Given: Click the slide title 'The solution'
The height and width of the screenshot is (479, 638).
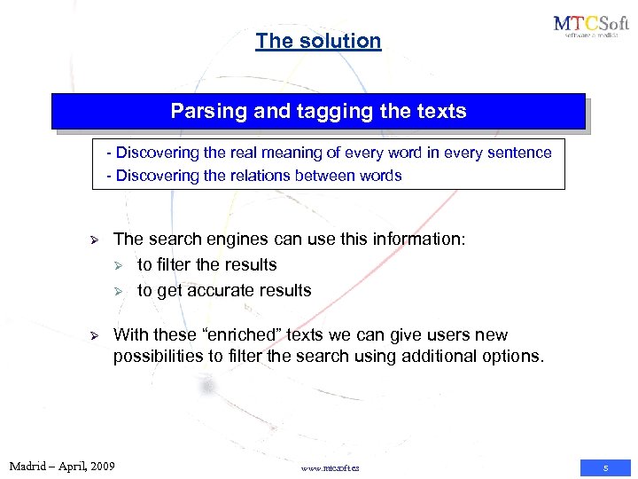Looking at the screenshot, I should click(318, 41).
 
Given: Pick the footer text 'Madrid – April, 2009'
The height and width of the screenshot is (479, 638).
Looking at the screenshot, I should click(62, 466).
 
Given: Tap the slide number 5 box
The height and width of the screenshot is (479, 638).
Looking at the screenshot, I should click(605, 467).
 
